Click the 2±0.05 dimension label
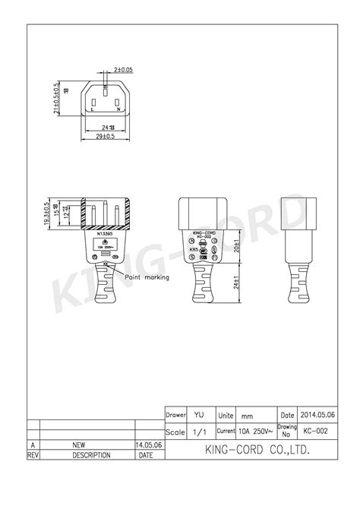coord(122,70)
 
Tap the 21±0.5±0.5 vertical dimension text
coord(56,99)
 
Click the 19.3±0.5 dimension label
coord(47,214)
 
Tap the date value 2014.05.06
coord(317,416)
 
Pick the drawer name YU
coord(199,416)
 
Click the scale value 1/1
coord(199,432)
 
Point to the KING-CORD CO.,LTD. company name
coord(251,451)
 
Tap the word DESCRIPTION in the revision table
coord(91,456)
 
